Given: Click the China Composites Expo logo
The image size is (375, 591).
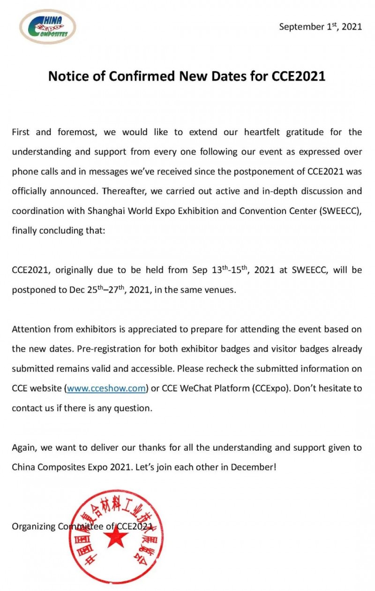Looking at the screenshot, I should tap(48, 27).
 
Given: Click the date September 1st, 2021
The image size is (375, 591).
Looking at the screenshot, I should tap(321, 27).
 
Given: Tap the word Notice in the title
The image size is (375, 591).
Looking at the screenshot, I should tap(67, 76).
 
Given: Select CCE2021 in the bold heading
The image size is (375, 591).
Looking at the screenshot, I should tap(299, 76).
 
